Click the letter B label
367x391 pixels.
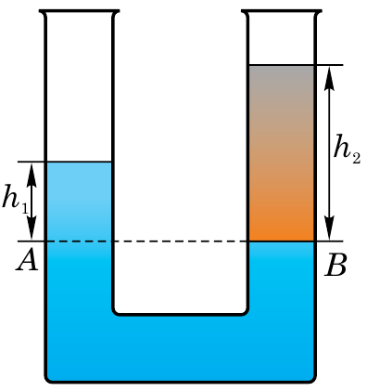point(335,265)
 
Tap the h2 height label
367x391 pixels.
point(347,150)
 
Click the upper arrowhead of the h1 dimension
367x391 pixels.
point(32,175)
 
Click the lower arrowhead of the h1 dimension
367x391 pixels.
point(32,228)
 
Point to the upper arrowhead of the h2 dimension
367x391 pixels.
point(329,78)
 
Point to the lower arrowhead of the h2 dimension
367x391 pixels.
point(329,228)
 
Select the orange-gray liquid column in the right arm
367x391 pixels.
point(281,153)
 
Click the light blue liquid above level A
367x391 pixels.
point(79,202)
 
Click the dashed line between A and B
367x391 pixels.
point(180,241)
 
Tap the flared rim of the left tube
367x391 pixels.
point(79,12)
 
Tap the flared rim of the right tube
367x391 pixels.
point(282,12)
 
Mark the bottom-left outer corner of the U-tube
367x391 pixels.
point(47,381)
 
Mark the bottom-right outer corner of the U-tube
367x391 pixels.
point(313,381)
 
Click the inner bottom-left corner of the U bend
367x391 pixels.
point(115,313)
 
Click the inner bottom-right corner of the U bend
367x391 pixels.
point(246,313)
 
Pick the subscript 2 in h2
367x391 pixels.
point(356,158)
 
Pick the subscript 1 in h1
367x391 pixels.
point(25,209)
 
